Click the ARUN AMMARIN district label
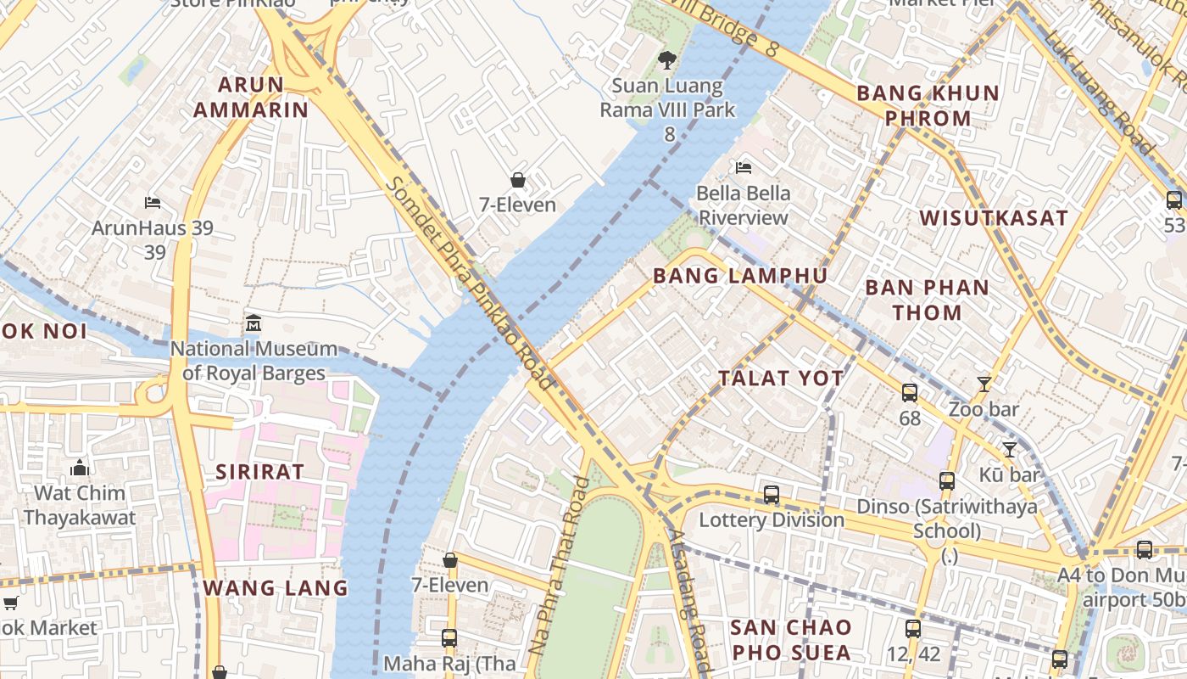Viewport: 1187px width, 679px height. pos(251,97)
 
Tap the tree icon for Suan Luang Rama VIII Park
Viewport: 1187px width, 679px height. pos(668,59)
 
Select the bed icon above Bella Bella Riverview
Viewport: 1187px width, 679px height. pos(744,167)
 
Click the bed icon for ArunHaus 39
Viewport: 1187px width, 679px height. pos(153,202)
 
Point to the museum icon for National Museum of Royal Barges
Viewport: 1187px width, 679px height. pos(254,323)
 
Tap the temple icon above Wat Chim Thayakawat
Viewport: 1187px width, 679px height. pos(80,468)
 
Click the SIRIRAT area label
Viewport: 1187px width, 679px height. pos(259,473)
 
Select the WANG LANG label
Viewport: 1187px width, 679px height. pos(276,587)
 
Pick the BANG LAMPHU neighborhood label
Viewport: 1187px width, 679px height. pos(740,276)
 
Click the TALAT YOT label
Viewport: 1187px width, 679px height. pos(781,379)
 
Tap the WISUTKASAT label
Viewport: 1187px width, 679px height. pos(994,218)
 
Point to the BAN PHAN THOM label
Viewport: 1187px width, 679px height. pos(927,300)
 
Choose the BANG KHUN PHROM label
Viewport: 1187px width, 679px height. pos(928,105)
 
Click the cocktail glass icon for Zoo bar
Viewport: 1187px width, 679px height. pos(984,384)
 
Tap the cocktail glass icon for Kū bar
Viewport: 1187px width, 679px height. pos(1009,449)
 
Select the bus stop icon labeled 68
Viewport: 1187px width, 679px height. pos(910,393)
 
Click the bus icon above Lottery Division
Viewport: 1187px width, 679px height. pos(772,494)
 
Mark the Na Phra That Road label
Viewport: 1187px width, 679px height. pos(558,565)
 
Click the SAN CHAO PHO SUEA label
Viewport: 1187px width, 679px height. pos(791,640)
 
